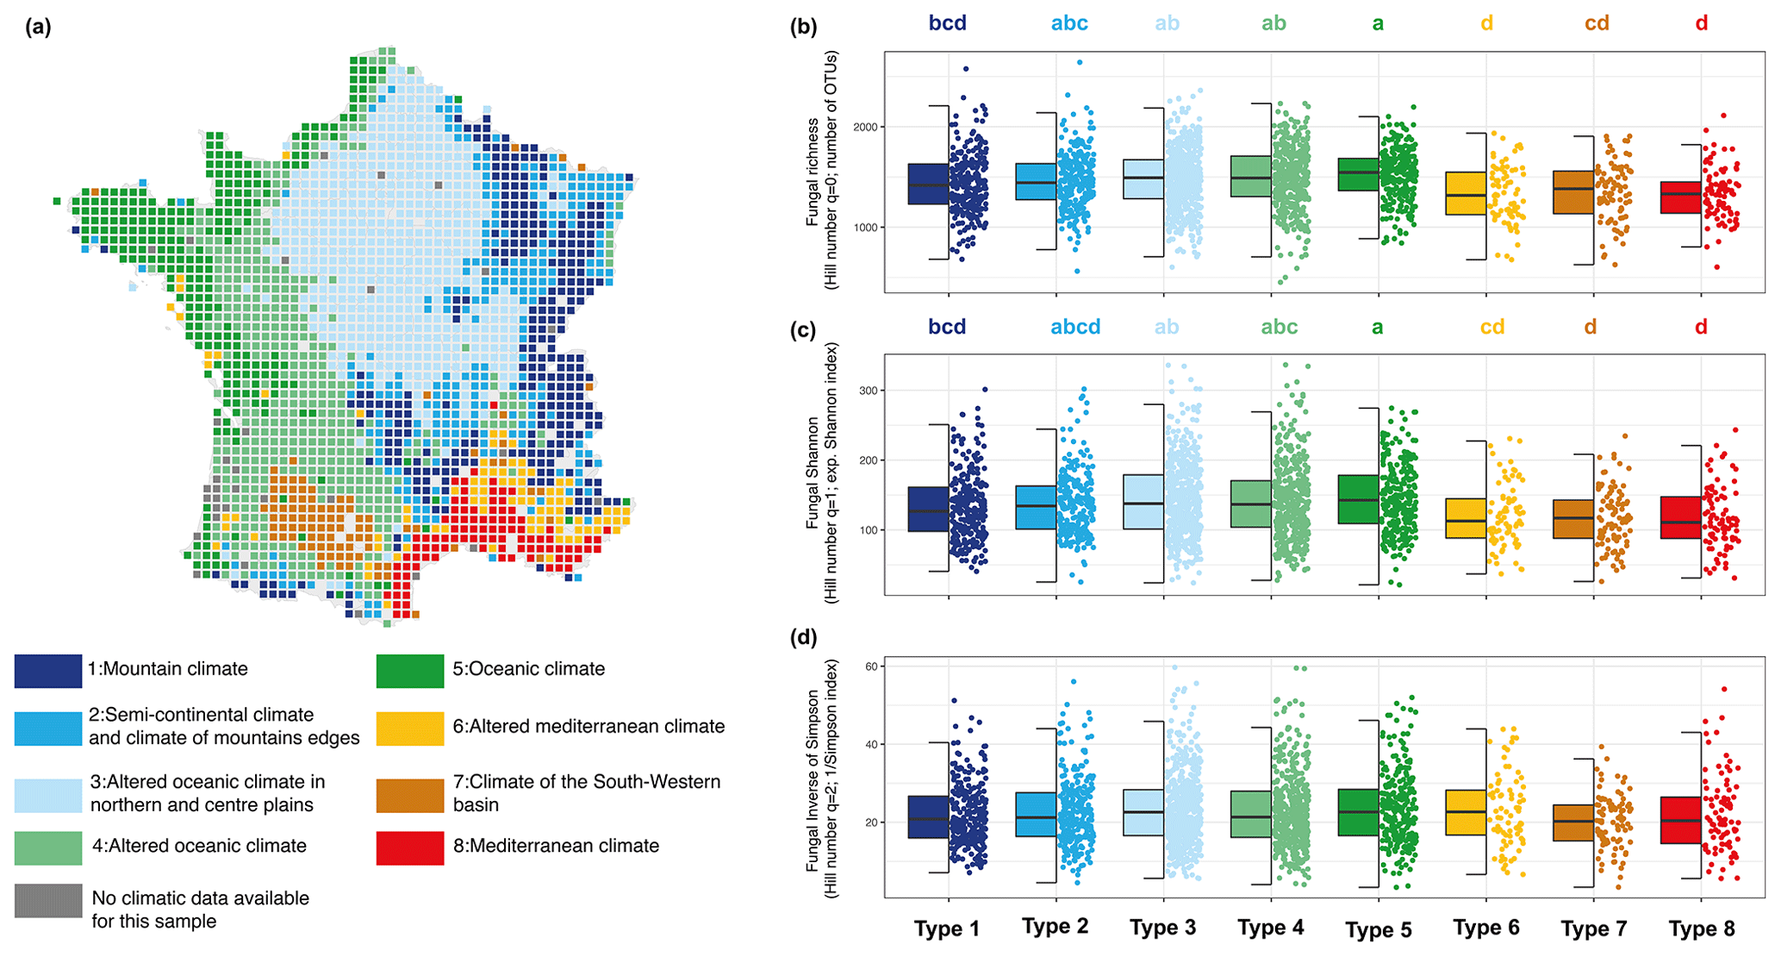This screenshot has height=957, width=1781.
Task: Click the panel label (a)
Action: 38,27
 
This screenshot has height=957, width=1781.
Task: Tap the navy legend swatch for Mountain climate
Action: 48,671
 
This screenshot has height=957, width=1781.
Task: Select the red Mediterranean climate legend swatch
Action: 410,848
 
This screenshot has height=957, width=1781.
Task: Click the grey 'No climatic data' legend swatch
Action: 48,901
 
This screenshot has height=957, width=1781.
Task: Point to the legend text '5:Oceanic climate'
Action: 528,669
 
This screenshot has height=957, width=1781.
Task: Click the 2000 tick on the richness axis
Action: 865,128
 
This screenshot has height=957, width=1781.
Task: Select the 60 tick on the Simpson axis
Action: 870,666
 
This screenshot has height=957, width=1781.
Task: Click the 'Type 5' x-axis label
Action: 1379,929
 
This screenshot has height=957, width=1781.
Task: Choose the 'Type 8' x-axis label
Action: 1702,929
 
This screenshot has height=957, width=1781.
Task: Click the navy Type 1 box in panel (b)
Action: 928,184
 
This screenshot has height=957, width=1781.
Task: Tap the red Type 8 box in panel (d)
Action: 1680,820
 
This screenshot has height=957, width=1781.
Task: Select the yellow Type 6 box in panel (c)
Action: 1466,518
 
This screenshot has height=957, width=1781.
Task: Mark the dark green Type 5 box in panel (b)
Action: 1358,174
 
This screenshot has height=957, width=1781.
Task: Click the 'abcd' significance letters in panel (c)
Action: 1075,328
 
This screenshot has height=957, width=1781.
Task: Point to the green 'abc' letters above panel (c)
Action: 1279,328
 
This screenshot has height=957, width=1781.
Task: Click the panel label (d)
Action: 803,637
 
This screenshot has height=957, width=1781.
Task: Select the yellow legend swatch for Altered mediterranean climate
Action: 410,729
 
